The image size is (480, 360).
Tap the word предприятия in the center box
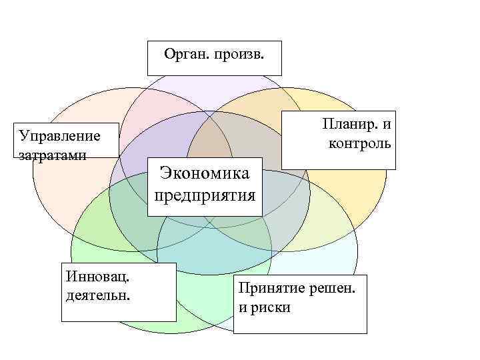205,195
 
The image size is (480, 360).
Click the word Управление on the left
59,136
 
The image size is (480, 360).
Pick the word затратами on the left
53,153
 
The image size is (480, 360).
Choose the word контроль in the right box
359,143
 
